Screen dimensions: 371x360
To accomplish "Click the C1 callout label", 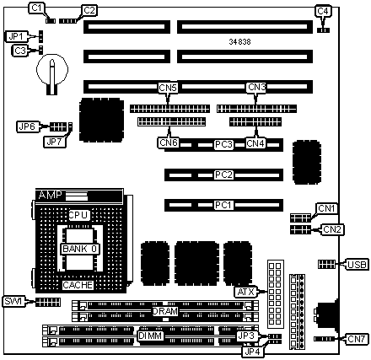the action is pyautogui.click(x=36, y=8).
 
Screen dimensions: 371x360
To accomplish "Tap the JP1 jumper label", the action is pyautogui.click(x=18, y=36).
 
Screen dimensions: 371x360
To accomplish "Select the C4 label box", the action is pyautogui.click(x=323, y=11).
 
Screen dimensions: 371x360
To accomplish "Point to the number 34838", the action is pyautogui.click(x=239, y=42).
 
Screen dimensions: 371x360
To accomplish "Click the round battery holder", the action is pyautogui.click(x=52, y=70).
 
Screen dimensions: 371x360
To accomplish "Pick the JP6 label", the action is pyautogui.click(x=28, y=126).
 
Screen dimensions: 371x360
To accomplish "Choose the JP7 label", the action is pyautogui.click(x=55, y=142).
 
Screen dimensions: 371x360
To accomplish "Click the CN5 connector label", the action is pyautogui.click(x=168, y=88).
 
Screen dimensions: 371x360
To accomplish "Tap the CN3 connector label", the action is pyautogui.click(x=256, y=88).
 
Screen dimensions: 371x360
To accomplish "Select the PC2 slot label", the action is pyautogui.click(x=223, y=175).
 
